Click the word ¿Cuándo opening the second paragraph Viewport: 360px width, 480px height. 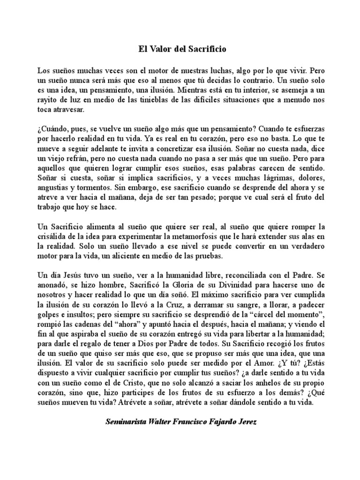pyautogui.click(x=52, y=128)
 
